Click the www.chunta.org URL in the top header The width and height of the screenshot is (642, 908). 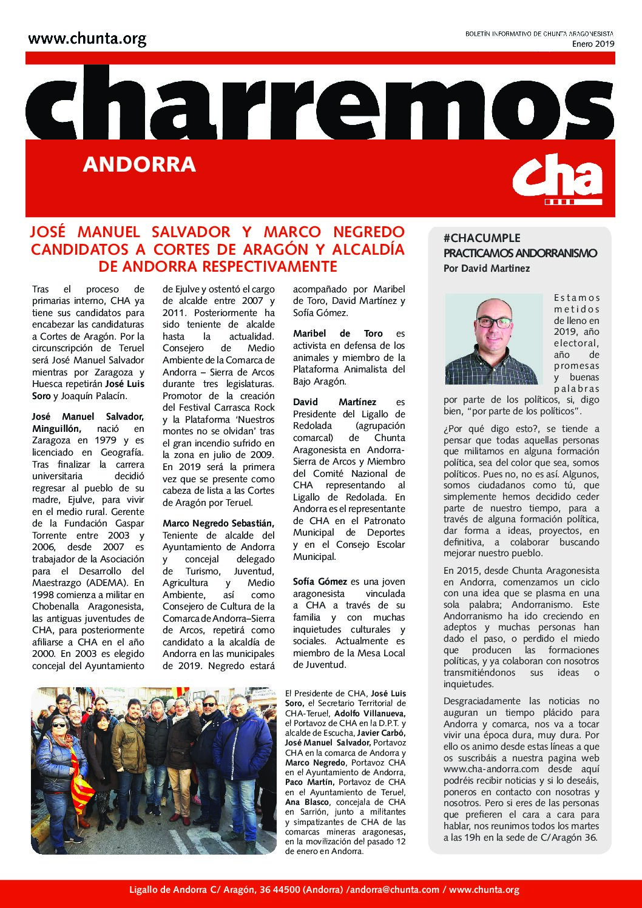[87, 40]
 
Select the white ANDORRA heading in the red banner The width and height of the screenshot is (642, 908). [140, 164]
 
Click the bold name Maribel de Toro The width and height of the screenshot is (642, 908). [338, 334]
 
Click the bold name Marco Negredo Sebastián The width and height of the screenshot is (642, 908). [218, 523]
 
